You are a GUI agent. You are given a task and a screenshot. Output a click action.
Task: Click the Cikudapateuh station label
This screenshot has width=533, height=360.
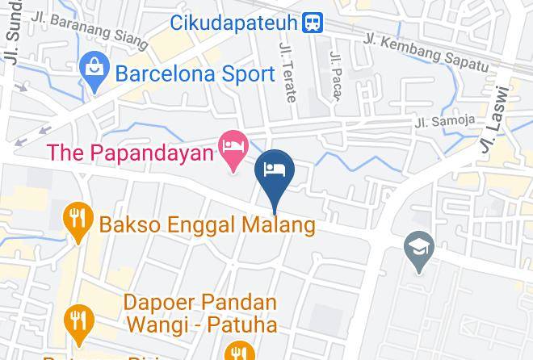234,23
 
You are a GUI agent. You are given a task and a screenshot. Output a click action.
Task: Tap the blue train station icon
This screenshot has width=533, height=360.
312,23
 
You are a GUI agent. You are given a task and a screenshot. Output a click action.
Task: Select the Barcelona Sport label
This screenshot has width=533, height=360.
195,74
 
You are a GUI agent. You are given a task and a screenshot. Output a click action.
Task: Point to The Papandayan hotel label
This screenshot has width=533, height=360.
130,151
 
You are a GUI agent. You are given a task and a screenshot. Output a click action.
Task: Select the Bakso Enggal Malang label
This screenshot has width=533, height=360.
207,224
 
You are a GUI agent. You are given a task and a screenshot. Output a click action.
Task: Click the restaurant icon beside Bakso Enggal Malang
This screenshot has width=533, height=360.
78,219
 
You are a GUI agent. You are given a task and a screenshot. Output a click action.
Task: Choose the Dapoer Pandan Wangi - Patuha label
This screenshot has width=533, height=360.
200,314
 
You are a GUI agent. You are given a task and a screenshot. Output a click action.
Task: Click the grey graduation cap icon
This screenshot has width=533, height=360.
420,245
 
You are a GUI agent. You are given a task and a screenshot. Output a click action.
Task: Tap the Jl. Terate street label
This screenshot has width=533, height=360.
287,73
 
